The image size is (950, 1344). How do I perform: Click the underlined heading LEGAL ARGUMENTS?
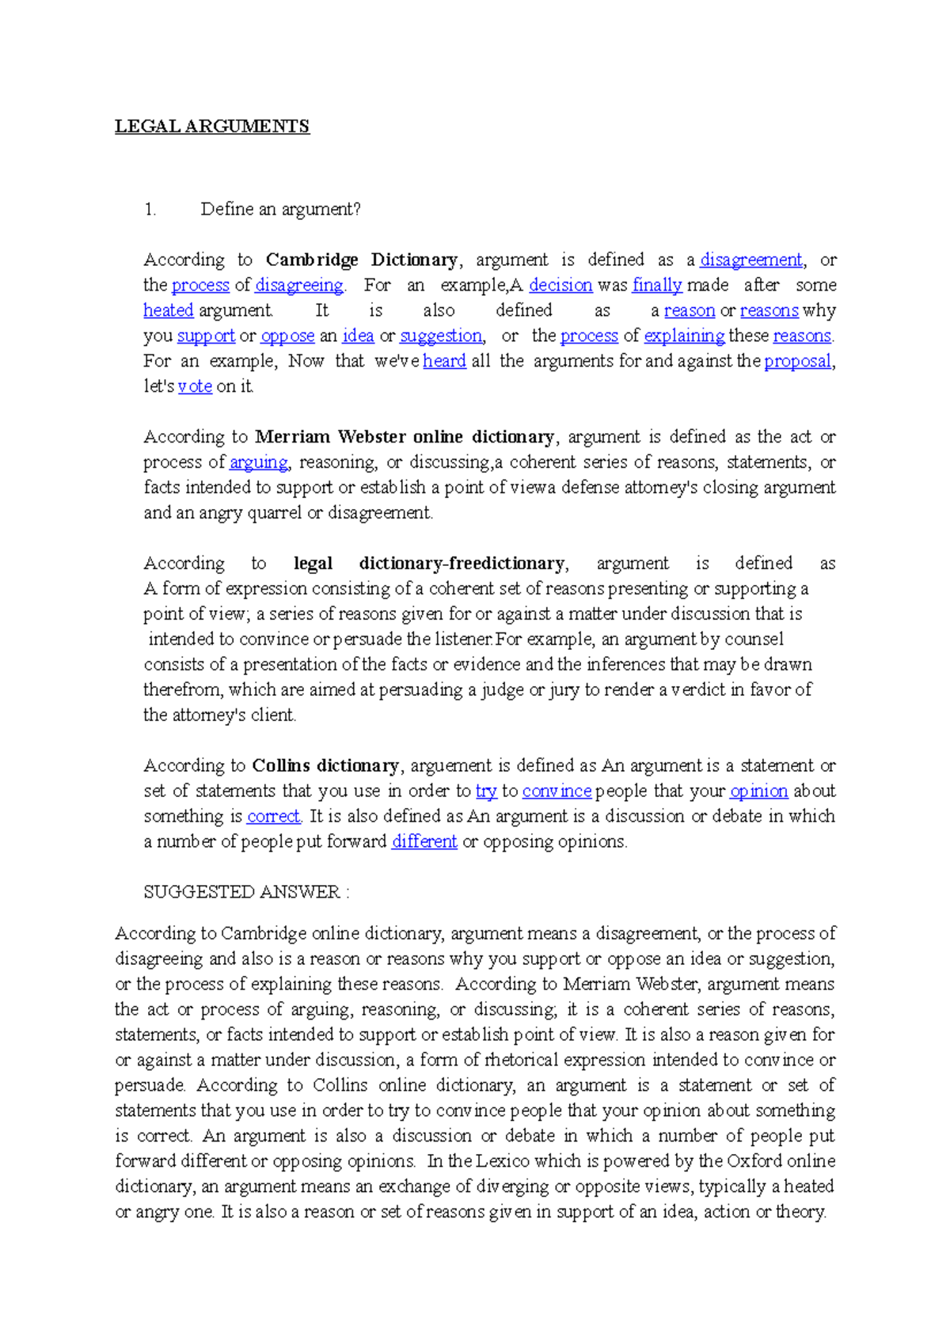point(212,127)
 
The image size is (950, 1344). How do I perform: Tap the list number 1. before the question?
point(150,210)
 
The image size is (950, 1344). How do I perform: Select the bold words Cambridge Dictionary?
point(362,260)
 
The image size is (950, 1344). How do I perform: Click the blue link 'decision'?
point(560,286)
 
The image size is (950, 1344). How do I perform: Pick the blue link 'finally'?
point(657,286)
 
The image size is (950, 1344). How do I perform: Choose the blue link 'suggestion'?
point(441,336)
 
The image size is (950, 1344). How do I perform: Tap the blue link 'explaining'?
point(684,336)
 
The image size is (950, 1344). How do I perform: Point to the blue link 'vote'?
point(195,387)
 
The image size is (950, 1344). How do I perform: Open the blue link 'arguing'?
point(259,462)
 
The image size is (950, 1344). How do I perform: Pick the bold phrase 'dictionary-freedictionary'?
point(462,564)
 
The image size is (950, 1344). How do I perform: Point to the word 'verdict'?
point(697,690)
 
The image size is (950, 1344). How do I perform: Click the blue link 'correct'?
point(273,817)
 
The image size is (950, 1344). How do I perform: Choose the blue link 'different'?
point(424,842)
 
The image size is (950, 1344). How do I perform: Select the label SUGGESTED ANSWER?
point(241,893)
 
